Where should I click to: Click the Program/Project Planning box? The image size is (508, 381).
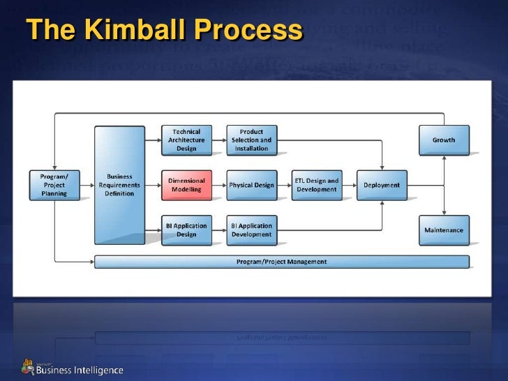pyautogui.click(x=54, y=185)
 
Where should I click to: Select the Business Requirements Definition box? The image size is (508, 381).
pyautogui.click(x=119, y=185)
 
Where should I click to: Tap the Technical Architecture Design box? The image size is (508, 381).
pyautogui.click(x=186, y=140)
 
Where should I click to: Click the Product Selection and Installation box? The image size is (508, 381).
pyautogui.click(x=251, y=140)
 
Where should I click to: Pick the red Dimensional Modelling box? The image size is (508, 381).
pyautogui.click(x=186, y=185)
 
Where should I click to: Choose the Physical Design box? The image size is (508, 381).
pyautogui.click(x=251, y=185)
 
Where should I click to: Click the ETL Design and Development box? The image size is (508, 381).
pyautogui.click(x=316, y=185)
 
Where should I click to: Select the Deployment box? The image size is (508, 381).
pyautogui.click(x=382, y=185)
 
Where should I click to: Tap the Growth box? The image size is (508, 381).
pyautogui.click(x=444, y=140)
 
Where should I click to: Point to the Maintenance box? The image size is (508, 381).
pyautogui.click(x=444, y=230)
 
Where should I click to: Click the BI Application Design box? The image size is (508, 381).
pyautogui.click(x=186, y=230)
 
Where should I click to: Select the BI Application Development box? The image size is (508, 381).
pyautogui.click(x=251, y=230)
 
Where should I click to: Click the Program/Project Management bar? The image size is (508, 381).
pyautogui.click(x=282, y=262)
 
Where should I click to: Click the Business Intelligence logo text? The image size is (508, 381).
pyautogui.click(x=80, y=370)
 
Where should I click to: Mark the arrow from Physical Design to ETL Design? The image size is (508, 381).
pyautogui.click(x=284, y=185)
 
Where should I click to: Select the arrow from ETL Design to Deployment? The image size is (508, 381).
pyautogui.click(x=349, y=185)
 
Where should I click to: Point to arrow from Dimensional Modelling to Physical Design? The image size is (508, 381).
pyautogui.click(x=219, y=185)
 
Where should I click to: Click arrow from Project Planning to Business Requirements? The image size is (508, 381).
pyautogui.click(x=87, y=185)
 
